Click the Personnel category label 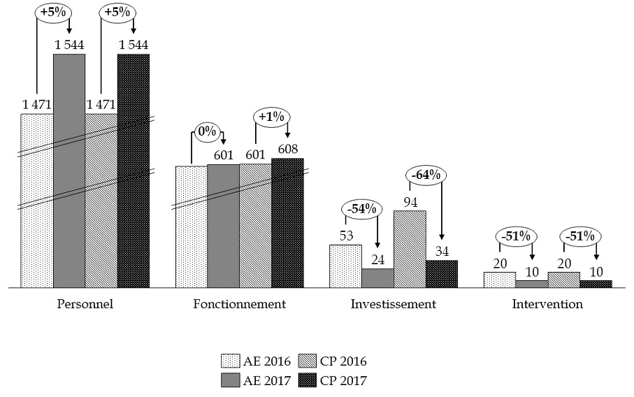(x=85, y=305)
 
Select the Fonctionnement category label (x=239, y=305)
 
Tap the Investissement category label (x=394, y=305)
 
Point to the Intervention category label (x=547, y=305)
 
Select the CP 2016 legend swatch (x=308, y=361)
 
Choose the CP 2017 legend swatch (x=308, y=380)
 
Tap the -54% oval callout (x=361, y=208)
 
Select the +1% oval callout (x=271, y=117)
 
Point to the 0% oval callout (x=206, y=131)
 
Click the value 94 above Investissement (x=410, y=202)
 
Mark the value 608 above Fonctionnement (x=287, y=148)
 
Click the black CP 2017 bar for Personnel (x=133, y=171)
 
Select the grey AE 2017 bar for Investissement (x=377, y=278)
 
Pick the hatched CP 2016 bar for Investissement (x=410, y=249)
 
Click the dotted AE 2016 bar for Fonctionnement (x=191, y=227)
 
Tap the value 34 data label (x=442, y=251)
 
